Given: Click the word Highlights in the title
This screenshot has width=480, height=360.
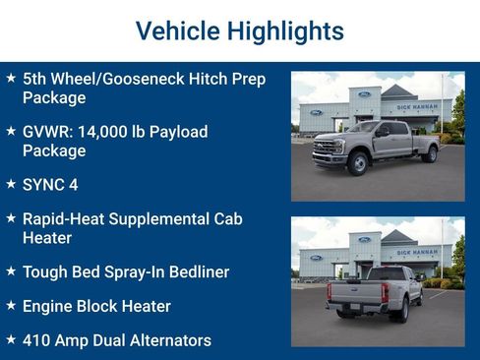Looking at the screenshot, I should pyautogui.click(x=284, y=30).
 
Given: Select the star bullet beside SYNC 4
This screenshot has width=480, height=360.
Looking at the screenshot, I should pyautogui.click(x=11, y=184).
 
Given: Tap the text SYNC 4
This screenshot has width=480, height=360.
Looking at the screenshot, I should pyautogui.click(x=50, y=184).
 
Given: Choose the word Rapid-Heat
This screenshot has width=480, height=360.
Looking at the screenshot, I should pyautogui.click(x=66, y=218).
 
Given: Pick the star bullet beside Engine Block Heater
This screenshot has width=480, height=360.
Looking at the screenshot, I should pyautogui.click(x=11, y=306).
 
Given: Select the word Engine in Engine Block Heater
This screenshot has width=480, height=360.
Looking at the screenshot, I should pyautogui.click(x=49, y=306).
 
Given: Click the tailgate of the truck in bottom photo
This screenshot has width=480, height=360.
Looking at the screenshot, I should pyautogui.click(x=358, y=291).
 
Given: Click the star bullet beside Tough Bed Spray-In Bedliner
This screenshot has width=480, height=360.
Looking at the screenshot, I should pyautogui.click(x=11, y=270).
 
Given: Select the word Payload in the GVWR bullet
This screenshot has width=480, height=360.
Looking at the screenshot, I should pyautogui.click(x=175, y=132).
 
